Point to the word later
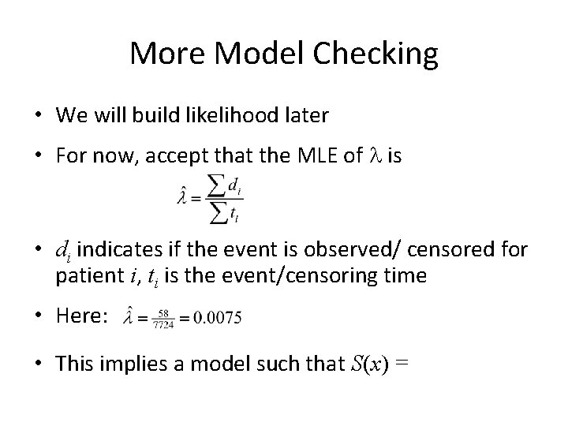coord(301,115)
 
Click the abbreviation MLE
coord(315,157)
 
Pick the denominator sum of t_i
coord(226,211)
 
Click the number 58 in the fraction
coord(164,311)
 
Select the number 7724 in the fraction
coord(164,323)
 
